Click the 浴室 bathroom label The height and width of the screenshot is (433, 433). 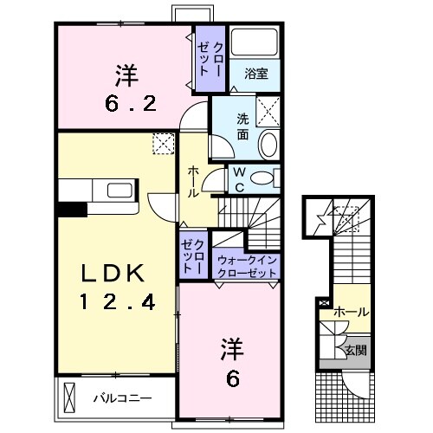[255, 74]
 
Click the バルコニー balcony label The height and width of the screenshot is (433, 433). [122, 399]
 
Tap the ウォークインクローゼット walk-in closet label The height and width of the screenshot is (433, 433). [247, 265]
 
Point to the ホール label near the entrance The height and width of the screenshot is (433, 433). [351, 311]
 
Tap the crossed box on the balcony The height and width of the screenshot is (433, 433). [71, 398]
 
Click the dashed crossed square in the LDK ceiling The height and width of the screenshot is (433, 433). [162, 143]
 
